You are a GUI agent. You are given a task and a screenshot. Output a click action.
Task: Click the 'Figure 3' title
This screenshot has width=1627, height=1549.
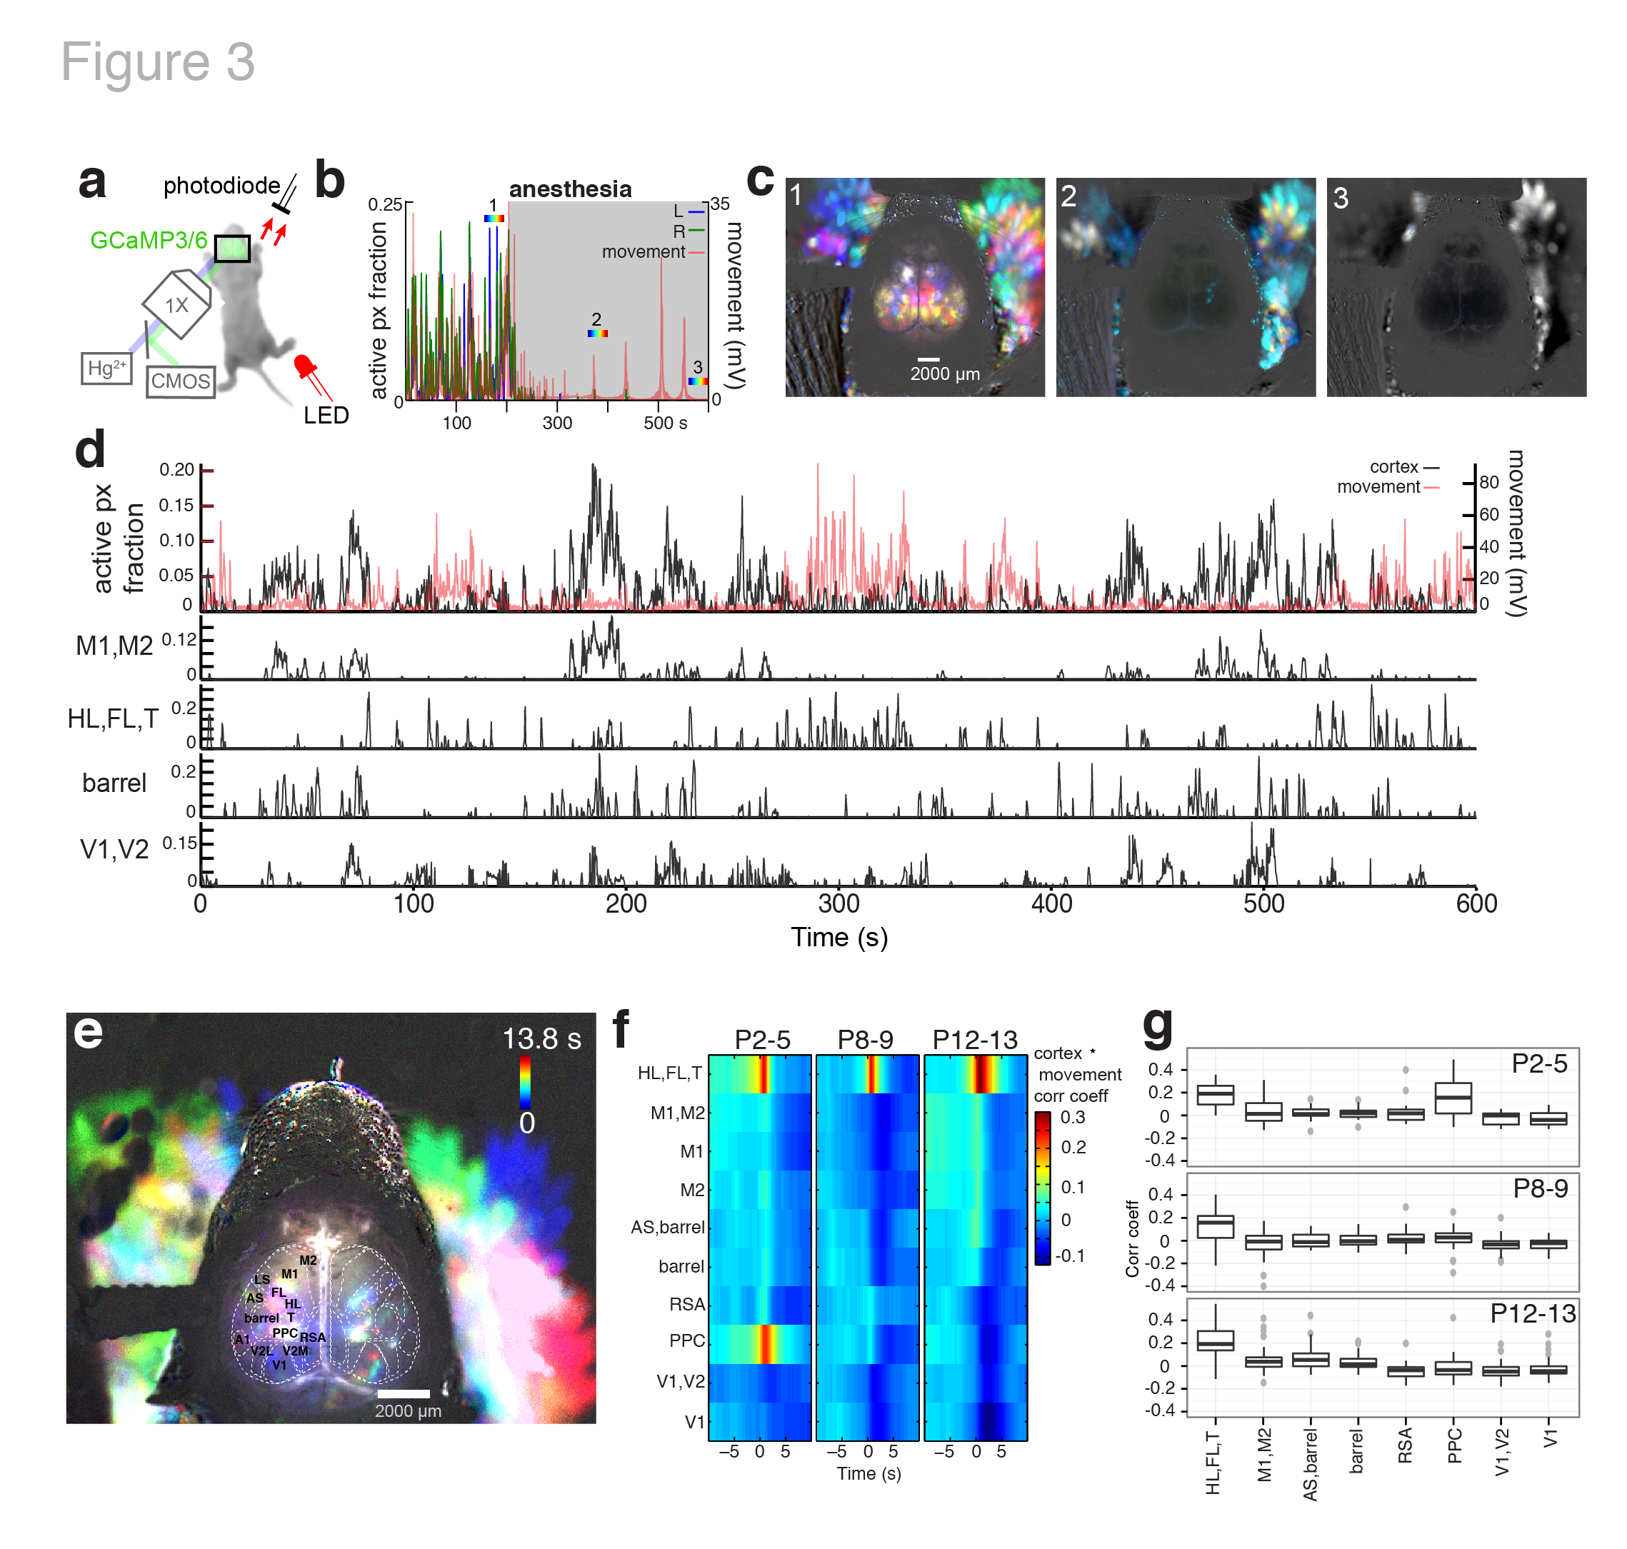click(x=158, y=62)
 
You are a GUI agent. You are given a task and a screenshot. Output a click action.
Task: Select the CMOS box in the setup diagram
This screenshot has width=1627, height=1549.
click(x=180, y=381)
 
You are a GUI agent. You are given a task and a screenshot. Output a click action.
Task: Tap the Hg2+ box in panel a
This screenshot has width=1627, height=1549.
click(x=106, y=369)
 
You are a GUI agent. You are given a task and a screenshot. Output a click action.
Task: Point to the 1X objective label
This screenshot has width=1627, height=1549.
click(x=176, y=306)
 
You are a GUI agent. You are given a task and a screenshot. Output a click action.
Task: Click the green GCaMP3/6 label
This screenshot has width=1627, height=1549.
click(x=149, y=240)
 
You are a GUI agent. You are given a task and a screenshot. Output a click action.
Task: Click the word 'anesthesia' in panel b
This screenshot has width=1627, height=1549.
click(x=570, y=189)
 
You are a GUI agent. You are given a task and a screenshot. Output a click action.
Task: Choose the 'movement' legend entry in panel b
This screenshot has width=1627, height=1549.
click(x=644, y=252)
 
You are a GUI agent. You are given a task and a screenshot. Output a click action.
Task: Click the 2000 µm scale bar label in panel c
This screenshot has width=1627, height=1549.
click(x=945, y=374)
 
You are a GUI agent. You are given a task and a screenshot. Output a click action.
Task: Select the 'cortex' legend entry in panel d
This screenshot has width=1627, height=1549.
click(x=1394, y=467)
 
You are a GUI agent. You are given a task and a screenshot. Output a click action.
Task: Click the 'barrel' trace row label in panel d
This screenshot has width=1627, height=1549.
click(x=114, y=783)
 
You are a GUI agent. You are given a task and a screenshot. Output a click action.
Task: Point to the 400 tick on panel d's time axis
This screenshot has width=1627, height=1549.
click(x=1051, y=904)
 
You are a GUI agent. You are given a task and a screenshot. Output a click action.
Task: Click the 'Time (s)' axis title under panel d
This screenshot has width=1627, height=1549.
click(x=839, y=938)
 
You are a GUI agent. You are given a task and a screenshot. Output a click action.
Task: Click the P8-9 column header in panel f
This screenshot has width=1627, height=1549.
click(x=865, y=1041)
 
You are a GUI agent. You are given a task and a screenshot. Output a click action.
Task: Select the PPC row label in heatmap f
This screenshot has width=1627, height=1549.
click(x=686, y=1341)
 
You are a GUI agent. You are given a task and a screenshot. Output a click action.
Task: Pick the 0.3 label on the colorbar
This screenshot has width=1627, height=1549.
click(x=1073, y=1118)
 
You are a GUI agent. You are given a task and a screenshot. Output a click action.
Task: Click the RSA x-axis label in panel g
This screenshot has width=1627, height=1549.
click(x=1405, y=1445)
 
